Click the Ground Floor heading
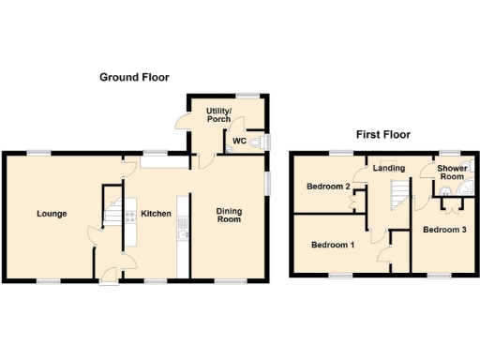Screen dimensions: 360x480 coord(134,77)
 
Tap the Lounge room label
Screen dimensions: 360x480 coord(52,214)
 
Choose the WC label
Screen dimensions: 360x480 coord(239,141)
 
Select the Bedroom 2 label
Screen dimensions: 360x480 coord(327,187)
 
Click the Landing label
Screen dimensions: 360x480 coord(388,169)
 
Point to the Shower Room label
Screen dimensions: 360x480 coord(453,172)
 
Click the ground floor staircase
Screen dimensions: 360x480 coord(113,217)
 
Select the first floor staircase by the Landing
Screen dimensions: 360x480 coord(400,194)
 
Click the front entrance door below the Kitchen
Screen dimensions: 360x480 coord(110,275)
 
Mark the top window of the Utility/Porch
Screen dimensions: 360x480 coord(247,95)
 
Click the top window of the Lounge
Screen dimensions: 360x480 coord(38,152)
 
